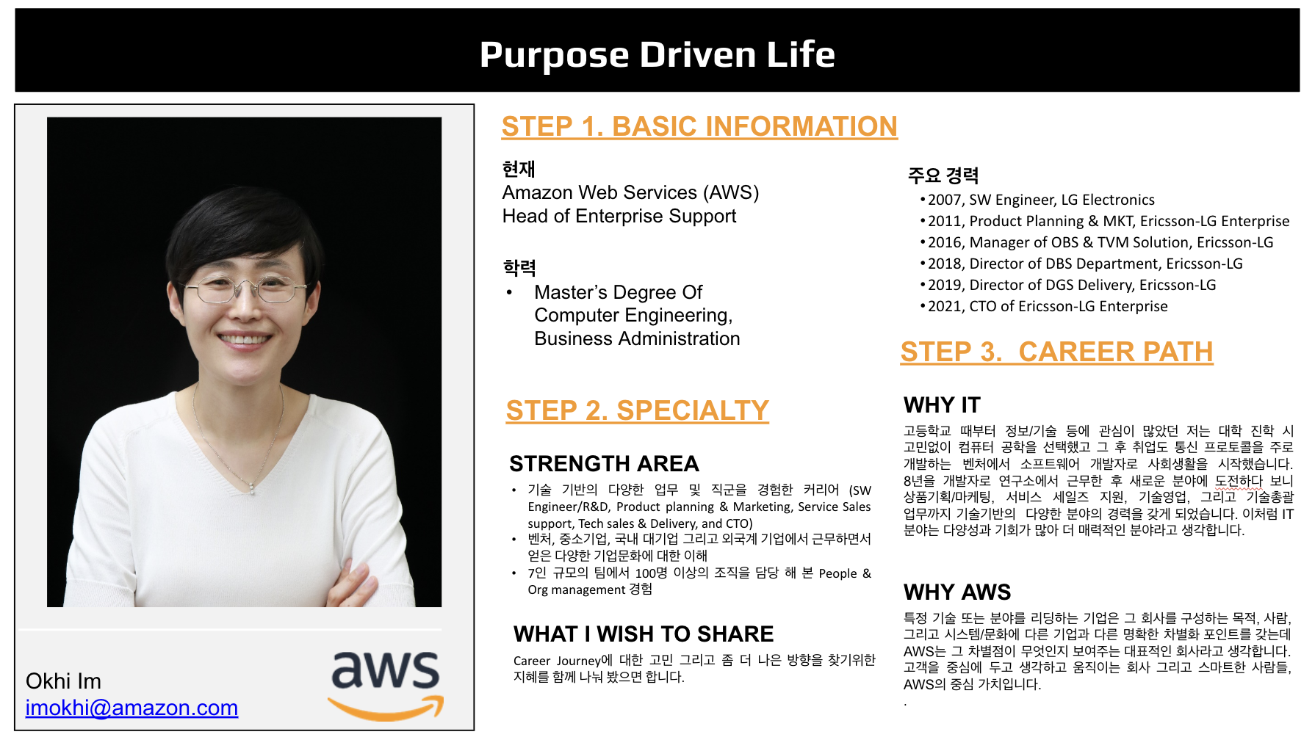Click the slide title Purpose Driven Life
tap(657, 54)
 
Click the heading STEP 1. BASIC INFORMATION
tap(699, 126)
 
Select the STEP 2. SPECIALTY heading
tap(638, 410)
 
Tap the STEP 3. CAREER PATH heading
tap(1056, 352)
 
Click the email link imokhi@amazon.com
tap(131, 708)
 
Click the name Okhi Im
tap(63, 681)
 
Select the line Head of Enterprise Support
tap(619, 217)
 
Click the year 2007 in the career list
tap(945, 200)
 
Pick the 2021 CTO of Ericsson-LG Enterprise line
tap(1048, 306)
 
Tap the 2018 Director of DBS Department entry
tap(1085, 264)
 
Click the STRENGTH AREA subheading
tap(604, 464)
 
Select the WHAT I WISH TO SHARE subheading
tap(644, 634)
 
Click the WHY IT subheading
tap(942, 405)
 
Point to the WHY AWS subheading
tap(957, 592)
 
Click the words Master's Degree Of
tap(618, 292)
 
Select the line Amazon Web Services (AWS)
tap(630, 193)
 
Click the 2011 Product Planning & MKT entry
tap(1109, 221)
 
